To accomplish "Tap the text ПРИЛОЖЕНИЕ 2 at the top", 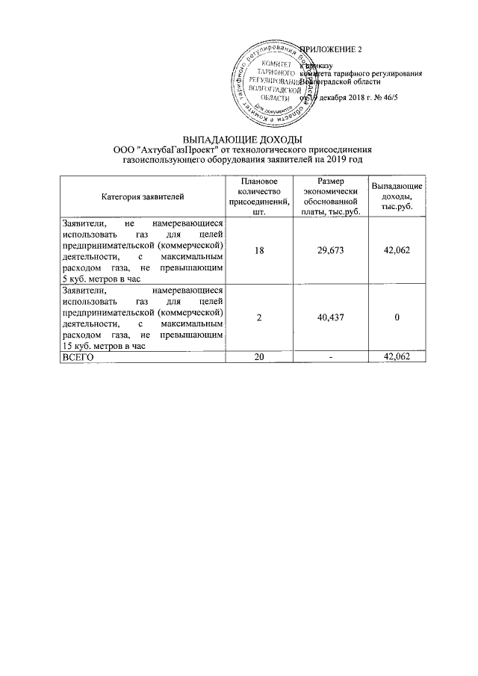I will pos(329,50).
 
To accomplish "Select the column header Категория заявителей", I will pos(143,196).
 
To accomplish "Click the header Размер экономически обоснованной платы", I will pos(330,196).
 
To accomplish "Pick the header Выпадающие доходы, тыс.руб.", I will pos(397,196).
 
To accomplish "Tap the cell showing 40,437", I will pos(330,317).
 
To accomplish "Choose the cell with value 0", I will pos(397,317).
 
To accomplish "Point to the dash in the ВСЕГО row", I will pos(330,357).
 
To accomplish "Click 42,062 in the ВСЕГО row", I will pos(397,357).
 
